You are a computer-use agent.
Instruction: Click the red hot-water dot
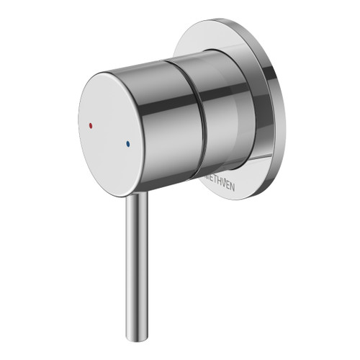click(89, 124)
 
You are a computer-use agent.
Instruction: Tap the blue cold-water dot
click(127, 143)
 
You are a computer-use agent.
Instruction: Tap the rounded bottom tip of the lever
click(135, 333)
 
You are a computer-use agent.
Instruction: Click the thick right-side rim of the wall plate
click(277, 108)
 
